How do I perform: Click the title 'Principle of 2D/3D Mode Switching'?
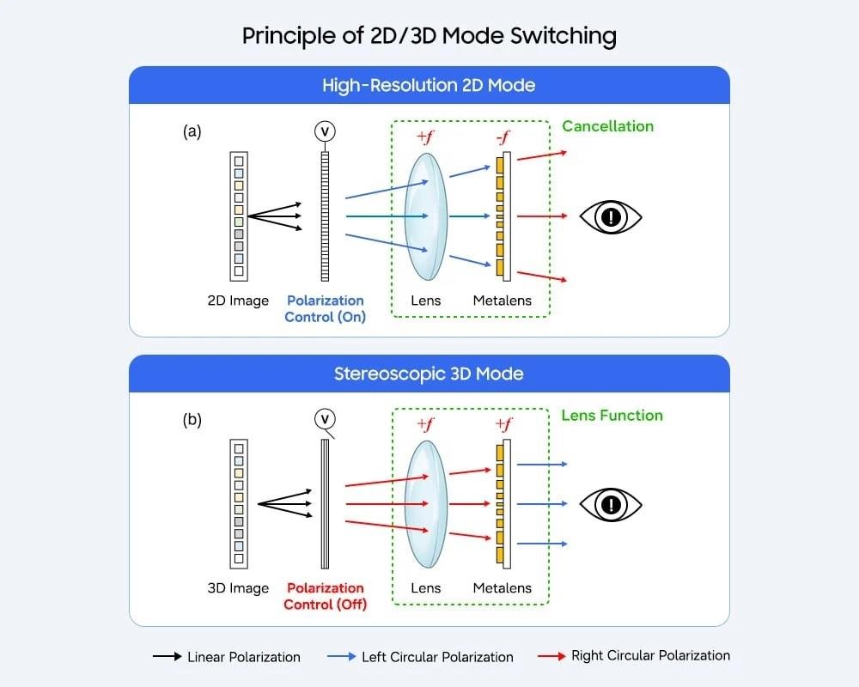(429, 35)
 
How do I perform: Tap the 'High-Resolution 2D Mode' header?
(429, 85)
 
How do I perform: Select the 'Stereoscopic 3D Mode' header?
(429, 374)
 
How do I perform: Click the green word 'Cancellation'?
(607, 126)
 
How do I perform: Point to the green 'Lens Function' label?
(612, 416)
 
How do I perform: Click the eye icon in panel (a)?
(611, 216)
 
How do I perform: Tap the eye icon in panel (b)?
(611, 504)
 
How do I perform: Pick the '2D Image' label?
(238, 301)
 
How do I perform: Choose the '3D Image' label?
(238, 588)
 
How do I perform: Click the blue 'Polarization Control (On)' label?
(326, 308)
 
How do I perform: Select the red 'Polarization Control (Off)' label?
(326, 596)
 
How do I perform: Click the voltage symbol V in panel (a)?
(325, 131)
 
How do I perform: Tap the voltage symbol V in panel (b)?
(325, 419)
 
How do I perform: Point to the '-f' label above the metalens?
(502, 137)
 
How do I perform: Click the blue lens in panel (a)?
(426, 216)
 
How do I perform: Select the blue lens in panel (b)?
(426, 504)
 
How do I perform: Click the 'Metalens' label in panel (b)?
(502, 588)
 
